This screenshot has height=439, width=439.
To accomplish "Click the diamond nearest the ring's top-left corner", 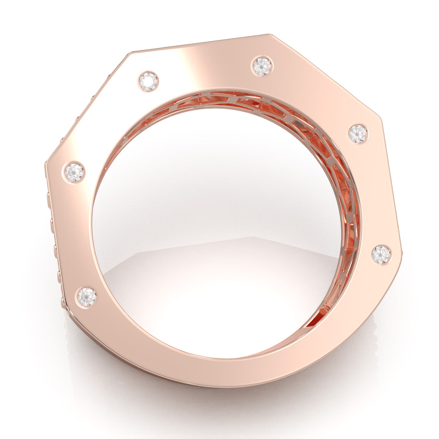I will pos(148,81).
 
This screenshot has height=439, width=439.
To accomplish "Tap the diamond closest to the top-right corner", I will pos(263,66).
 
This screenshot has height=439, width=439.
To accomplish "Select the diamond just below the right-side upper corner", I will pos(358,134).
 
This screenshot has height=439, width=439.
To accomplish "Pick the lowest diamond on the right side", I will pos(381,255).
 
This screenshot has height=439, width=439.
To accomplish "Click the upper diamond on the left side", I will pos(74,172).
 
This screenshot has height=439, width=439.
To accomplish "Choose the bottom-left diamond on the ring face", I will pos(87,297).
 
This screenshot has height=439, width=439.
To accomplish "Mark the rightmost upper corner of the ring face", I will pos(382,119).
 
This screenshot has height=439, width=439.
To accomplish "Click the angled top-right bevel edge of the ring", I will pos(325,77).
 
